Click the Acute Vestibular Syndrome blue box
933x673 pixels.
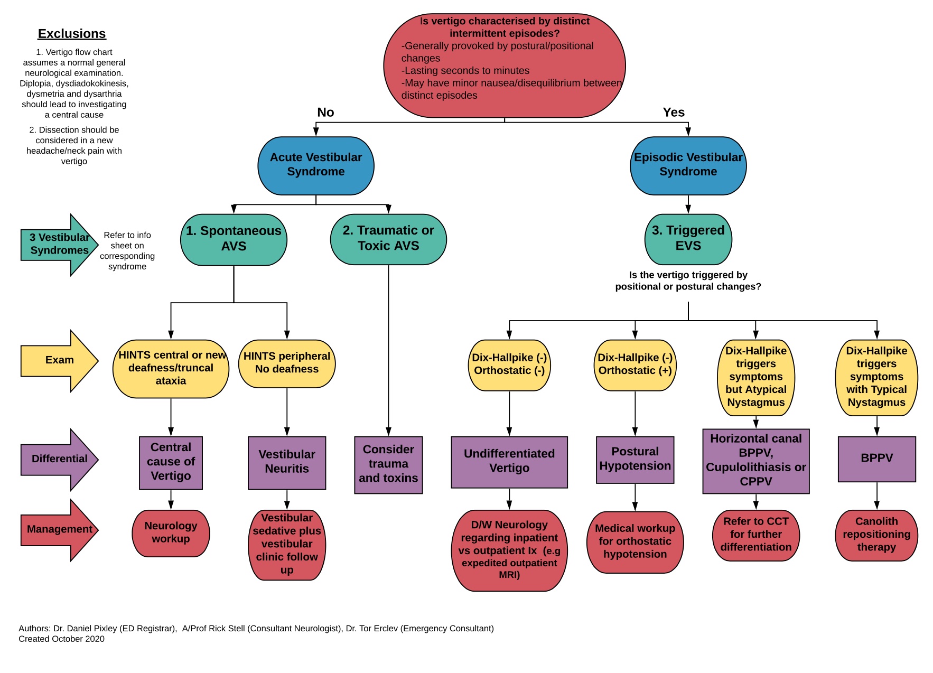click(x=315, y=165)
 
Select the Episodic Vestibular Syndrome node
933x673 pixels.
click(x=688, y=165)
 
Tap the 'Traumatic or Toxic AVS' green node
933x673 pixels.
click(x=388, y=239)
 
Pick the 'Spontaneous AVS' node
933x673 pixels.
click(x=234, y=239)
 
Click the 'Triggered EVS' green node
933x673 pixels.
click(x=688, y=239)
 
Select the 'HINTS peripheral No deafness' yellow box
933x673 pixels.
click(x=287, y=363)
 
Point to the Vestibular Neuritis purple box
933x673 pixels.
click(x=287, y=462)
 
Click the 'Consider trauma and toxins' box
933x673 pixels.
click(x=388, y=464)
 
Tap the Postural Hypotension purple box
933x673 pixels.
click(x=635, y=459)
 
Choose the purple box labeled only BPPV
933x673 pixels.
click(x=876, y=459)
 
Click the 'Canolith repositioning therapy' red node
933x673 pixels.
click(x=876, y=535)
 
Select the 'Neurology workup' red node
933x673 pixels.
click(x=171, y=532)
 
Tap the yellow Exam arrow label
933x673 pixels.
click(x=59, y=360)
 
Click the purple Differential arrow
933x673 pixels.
click(x=59, y=459)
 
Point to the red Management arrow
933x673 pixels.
click(x=59, y=529)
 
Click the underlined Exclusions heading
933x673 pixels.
click(x=72, y=34)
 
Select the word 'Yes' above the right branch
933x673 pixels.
click(x=674, y=113)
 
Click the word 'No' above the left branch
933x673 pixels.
click(x=325, y=113)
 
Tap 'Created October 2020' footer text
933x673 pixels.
click(x=61, y=639)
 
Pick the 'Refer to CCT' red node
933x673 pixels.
click(x=755, y=535)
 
